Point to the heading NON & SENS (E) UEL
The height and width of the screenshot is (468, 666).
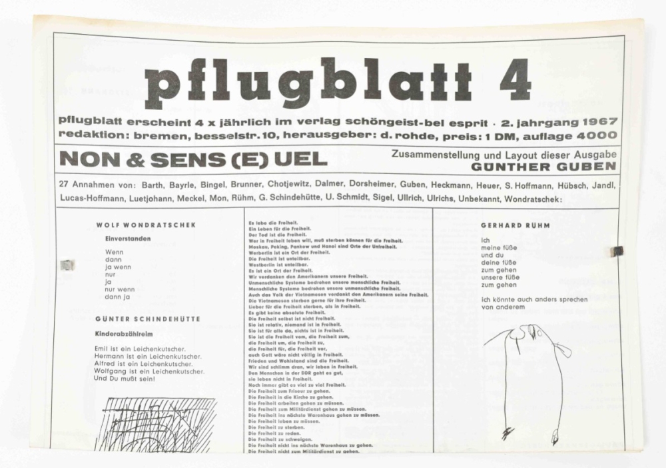(193, 159)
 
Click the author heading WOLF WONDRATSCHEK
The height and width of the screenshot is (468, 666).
(146, 225)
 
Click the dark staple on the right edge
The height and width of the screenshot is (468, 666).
(617, 251)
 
